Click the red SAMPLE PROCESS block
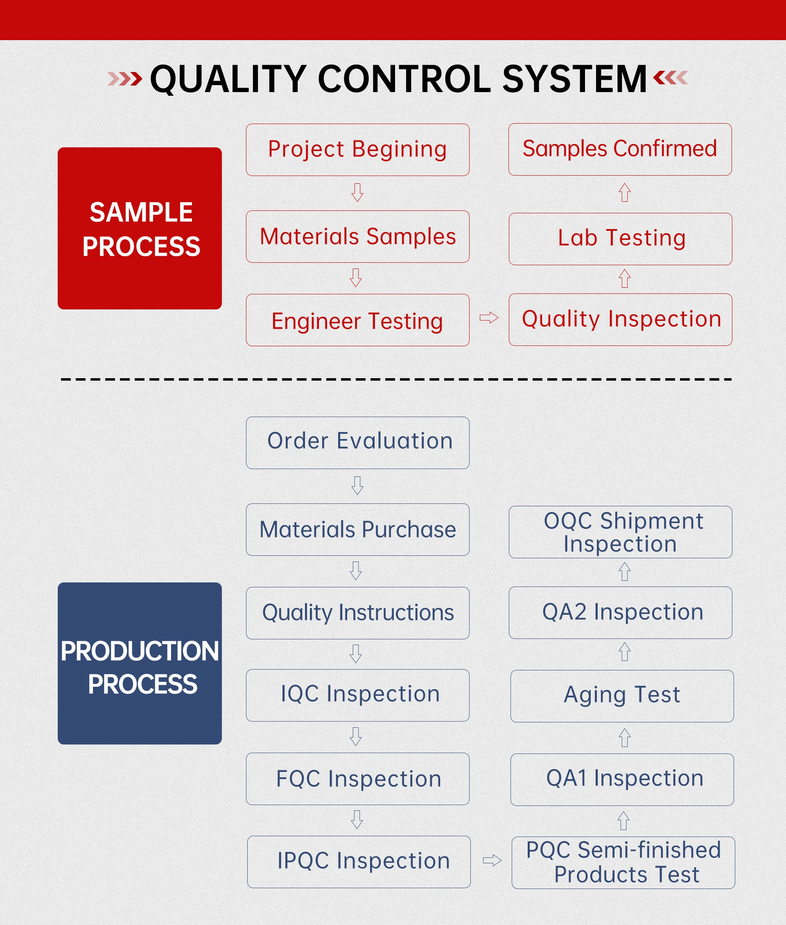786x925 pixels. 140,228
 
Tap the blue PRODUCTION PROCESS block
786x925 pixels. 140,663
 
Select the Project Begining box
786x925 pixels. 357,150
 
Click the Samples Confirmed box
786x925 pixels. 620,149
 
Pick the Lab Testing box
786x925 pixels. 620,239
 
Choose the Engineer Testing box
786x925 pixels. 357,320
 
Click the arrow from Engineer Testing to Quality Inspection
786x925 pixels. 489,318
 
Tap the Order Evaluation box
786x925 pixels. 357,443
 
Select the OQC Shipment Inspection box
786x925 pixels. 620,532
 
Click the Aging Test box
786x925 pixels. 622,696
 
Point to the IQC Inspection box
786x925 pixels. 357,695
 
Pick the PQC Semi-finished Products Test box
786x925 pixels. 623,863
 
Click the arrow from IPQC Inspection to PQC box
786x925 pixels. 492,860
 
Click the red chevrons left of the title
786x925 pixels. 125,79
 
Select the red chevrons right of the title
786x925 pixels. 670,78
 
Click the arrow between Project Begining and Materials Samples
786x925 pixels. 357,192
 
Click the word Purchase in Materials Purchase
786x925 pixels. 409,529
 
